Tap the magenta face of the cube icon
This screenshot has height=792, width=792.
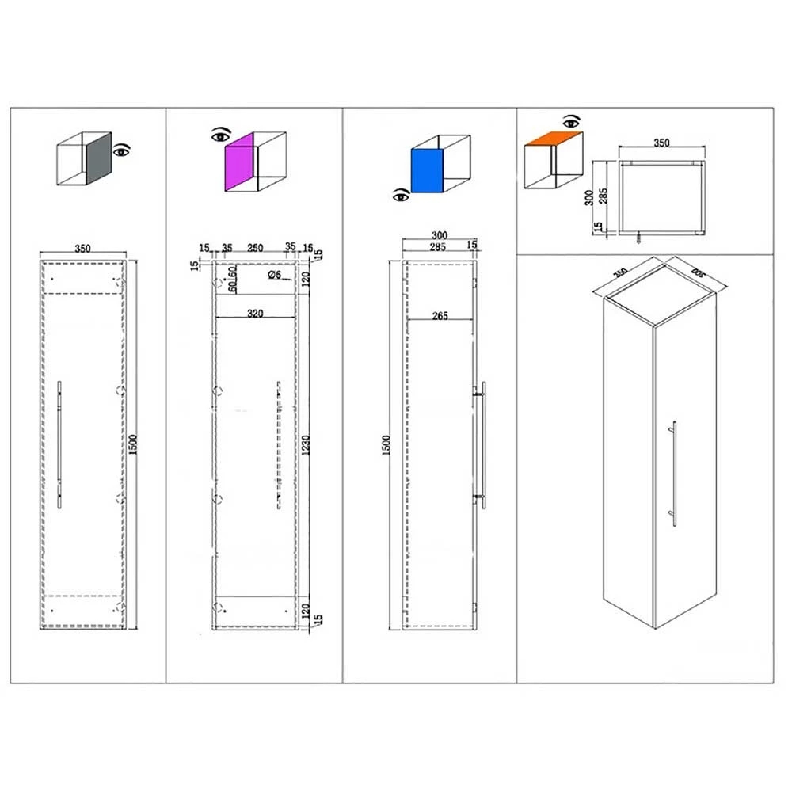click(x=240, y=162)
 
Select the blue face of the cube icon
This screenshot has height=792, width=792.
click(x=427, y=170)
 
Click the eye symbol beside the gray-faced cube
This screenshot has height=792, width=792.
click(x=121, y=150)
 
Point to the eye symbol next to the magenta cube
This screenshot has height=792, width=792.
click(x=218, y=135)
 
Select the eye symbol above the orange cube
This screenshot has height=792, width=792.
click(x=570, y=121)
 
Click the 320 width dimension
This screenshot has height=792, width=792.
click(x=255, y=314)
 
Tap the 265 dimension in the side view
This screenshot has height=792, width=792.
click(x=440, y=316)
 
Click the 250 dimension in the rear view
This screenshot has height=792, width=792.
click(x=255, y=248)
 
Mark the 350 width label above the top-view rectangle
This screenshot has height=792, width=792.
click(x=661, y=143)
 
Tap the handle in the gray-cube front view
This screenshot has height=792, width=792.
click(x=59, y=444)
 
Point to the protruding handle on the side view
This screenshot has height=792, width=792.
click(x=482, y=444)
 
